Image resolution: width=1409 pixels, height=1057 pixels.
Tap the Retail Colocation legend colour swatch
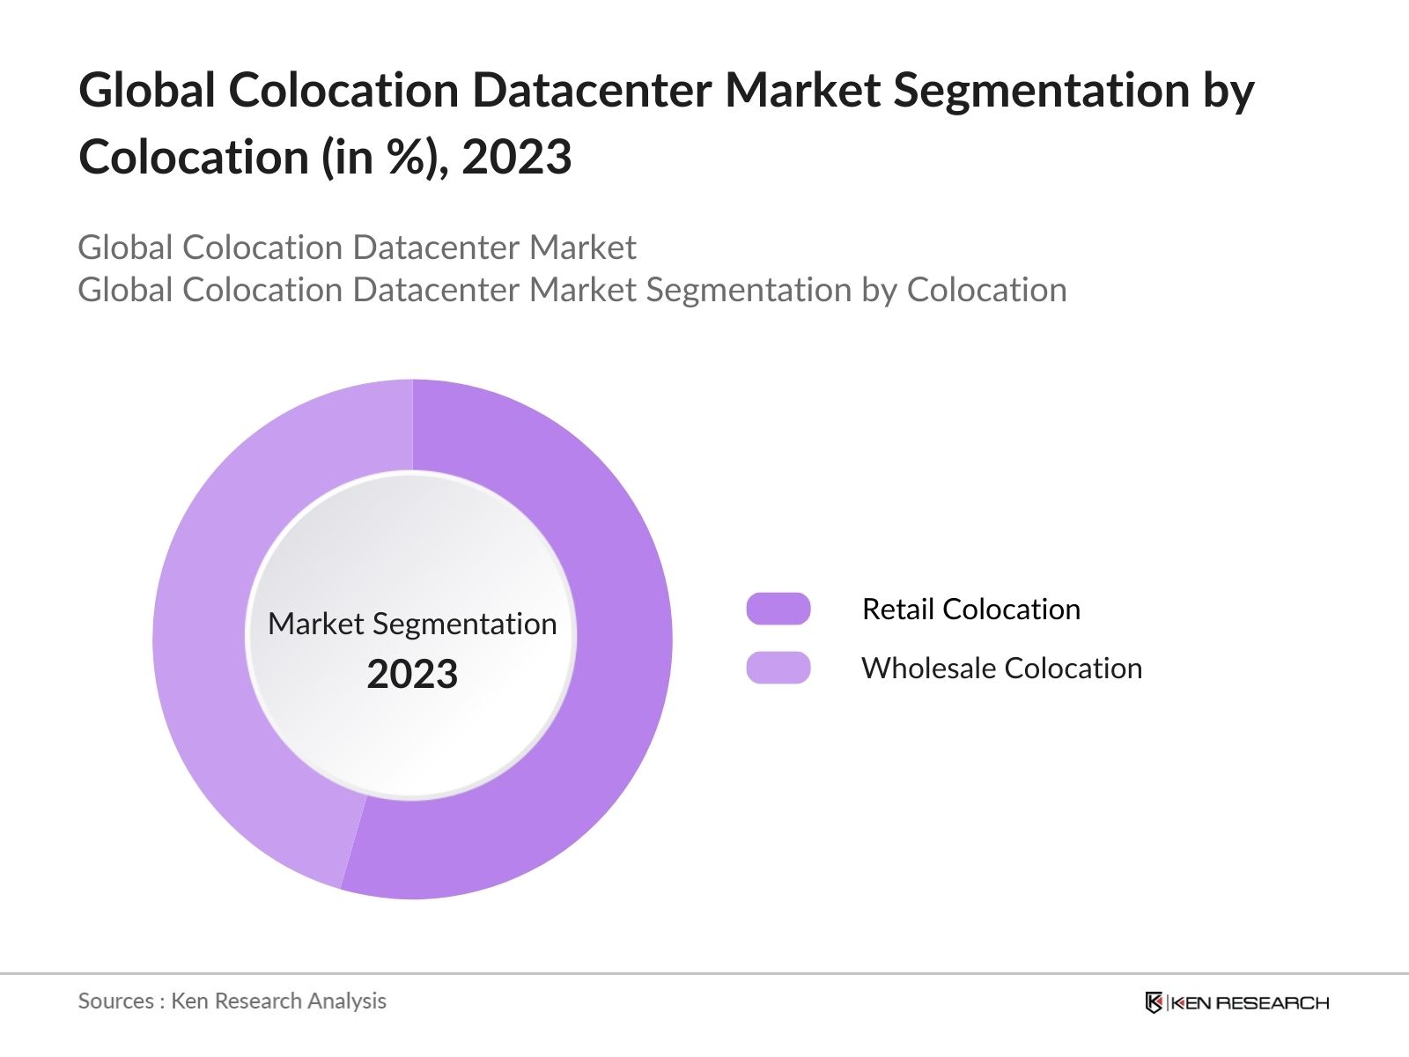(x=778, y=609)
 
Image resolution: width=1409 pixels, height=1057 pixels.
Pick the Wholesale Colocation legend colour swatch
(x=778, y=668)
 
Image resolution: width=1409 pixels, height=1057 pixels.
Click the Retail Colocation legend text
(x=970, y=609)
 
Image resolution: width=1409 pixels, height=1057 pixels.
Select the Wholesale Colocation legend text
(x=1001, y=668)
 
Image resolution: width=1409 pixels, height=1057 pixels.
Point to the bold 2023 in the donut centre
(x=412, y=674)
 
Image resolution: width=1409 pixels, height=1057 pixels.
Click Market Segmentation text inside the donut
(x=412, y=624)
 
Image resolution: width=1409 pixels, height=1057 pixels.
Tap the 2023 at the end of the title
(x=517, y=158)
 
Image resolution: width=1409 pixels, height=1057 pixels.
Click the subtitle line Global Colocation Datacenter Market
(x=357, y=248)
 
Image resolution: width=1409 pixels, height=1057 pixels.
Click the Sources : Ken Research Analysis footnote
(x=232, y=1001)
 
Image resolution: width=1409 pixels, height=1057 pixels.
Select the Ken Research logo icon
(x=1154, y=1002)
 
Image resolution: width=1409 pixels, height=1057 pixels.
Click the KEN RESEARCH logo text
(x=1250, y=1002)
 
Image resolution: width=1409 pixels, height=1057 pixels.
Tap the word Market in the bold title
(x=802, y=90)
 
